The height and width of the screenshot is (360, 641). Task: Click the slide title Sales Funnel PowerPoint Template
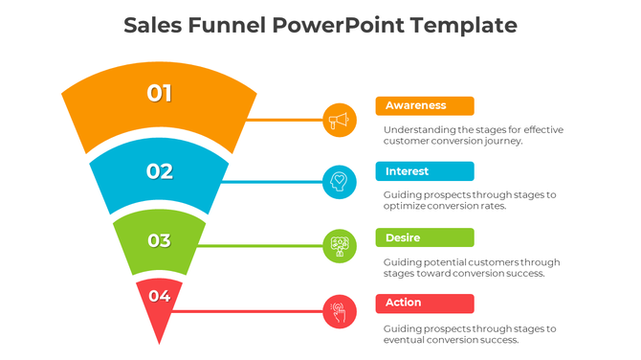coord(320,25)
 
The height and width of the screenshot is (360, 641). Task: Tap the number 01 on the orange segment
coord(159,93)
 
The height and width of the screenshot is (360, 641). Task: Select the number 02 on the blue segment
coord(159,171)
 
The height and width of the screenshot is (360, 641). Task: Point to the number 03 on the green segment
coord(159,240)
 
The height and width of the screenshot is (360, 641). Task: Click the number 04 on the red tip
coord(159,296)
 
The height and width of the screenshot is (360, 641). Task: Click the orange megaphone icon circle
coord(339,121)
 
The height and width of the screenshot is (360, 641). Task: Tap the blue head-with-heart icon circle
coord(339,182)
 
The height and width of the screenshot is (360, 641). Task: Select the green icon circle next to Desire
coord(339,246)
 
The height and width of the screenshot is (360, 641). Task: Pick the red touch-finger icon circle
coord(339,311)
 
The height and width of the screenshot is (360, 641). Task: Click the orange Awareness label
coord(425,105)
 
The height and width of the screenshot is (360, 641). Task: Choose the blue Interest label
coord(425,171)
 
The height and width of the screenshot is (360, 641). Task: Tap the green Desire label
coord(425,237)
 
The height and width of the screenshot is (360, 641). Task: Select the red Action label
coord(425,303)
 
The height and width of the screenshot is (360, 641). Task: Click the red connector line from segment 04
coord(249,311)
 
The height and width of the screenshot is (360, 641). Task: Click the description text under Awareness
coord(474,135)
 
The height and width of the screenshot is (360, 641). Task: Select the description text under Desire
coord(472,267)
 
